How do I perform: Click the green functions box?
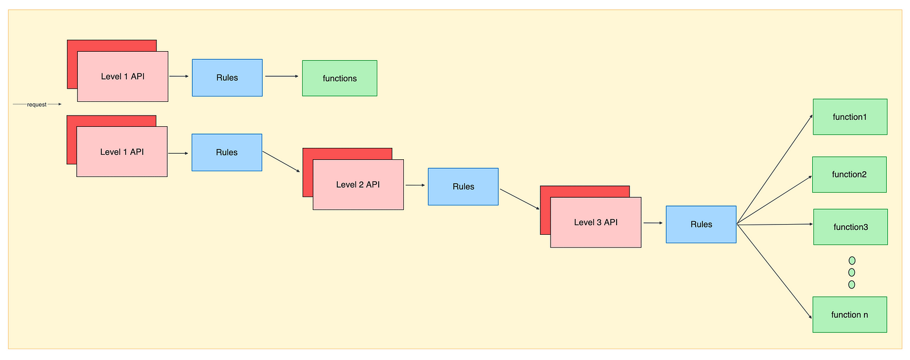point(340,78)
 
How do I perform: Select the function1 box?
point(850,117)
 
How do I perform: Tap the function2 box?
point(849,175)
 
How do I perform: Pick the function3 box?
point(850,227)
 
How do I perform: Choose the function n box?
point(849,315)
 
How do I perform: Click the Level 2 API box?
point(358,185)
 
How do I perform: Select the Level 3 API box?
point(595,222)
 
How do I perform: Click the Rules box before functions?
point(227,78)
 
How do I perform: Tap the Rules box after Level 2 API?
point(463,187)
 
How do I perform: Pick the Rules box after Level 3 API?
point(701,225)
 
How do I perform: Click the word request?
point(37,105)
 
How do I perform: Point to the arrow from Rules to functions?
point(282,76)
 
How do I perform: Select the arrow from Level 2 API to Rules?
point(415,185)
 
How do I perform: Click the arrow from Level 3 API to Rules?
point(653,223)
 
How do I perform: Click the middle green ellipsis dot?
point(851,272)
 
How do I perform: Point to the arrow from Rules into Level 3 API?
point(519,199)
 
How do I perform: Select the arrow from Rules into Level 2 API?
point(281,162)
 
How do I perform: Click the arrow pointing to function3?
point(775,225)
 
